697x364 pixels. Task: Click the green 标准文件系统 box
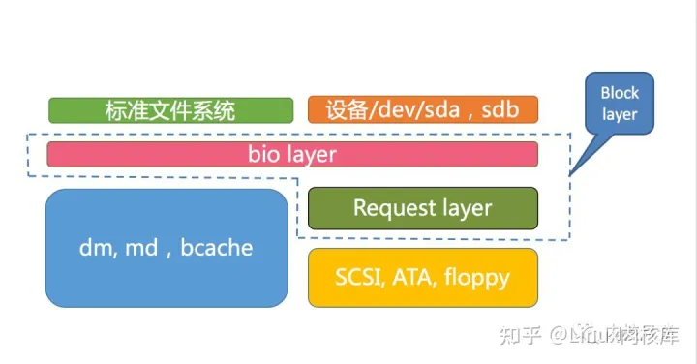(x=170, y=109)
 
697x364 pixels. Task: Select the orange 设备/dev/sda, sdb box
(x=422, y=109)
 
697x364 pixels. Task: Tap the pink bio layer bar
(x=292, y=154)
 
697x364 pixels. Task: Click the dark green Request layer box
(x=422, y=207)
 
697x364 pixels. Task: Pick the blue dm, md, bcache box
(x=167, y=248)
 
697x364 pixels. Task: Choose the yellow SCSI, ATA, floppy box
(x=422, y=278)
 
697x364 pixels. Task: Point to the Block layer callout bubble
(x=620, y=105)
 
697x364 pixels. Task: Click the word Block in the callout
(x=620, y=94)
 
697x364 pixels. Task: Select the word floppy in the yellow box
(x=476, y=279)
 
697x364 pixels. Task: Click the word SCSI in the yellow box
(x=359, y=278)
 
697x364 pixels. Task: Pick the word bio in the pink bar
(x=263, y=154)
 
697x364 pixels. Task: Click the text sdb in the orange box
(x=500, y=109)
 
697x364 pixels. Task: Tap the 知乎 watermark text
(x=519, y=334)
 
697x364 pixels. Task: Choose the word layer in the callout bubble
(x=620, y=115)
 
